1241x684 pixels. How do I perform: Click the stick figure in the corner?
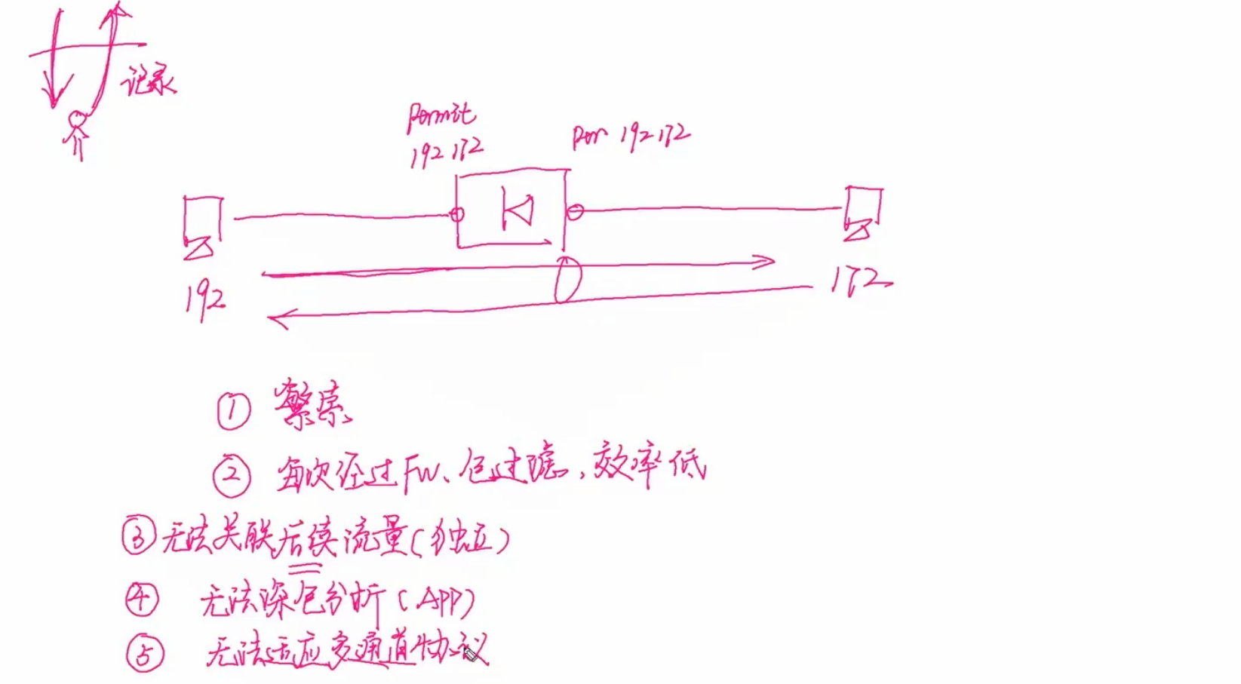point(76,133)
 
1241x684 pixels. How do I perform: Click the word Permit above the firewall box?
point(441,117)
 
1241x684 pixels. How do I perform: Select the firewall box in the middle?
point(511,210)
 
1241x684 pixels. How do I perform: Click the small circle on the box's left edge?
point(456,214)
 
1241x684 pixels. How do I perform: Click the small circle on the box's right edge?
point(575,212)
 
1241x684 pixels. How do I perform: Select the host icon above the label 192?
point(202,226)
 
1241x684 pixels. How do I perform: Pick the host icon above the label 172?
point(862,213)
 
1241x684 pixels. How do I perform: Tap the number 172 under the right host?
point(862,283)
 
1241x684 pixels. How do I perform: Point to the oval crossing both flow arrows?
point(568,280)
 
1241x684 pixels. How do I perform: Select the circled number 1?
point(234,412)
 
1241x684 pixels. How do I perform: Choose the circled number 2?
point(232,476)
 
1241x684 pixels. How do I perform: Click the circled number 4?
point(142,599)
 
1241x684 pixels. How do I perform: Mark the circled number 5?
point(144,653)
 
